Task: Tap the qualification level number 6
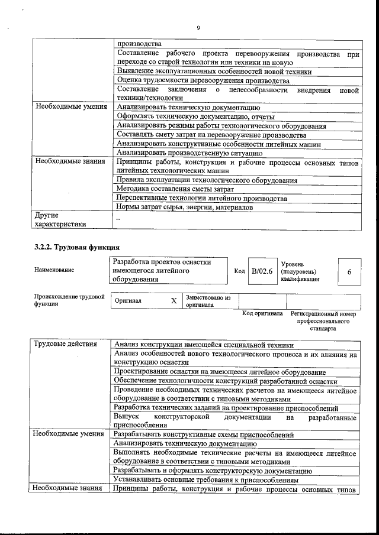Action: click(349, 271)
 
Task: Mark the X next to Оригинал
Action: click(174, 300)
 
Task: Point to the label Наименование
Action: click(54, 270)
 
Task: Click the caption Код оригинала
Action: click(262, 313)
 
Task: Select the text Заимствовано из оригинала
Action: click(208, 301)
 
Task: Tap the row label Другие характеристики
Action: click(60, 219)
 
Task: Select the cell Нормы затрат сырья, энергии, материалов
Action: click(184, 207)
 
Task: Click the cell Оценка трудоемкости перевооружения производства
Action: click(203, 80)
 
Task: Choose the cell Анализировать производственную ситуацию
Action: click(189, 153)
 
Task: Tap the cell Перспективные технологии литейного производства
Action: click(202, 198)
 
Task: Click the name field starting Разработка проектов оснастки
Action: click(162, 271)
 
